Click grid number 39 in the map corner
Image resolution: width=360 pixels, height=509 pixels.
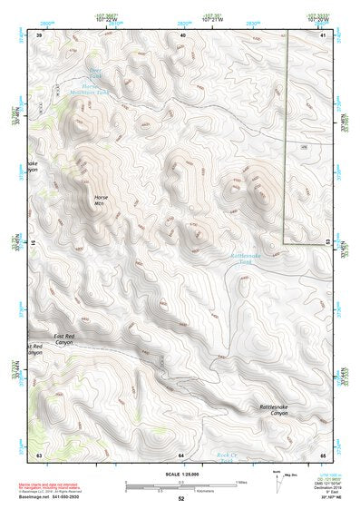click(39, 34)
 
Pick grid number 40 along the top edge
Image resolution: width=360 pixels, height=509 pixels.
click(182, 34)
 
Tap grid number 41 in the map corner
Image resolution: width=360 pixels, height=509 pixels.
click(324, 34)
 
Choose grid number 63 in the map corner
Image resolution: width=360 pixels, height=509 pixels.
click(39, 453)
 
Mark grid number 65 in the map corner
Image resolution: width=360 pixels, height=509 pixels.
click(324, 453)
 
